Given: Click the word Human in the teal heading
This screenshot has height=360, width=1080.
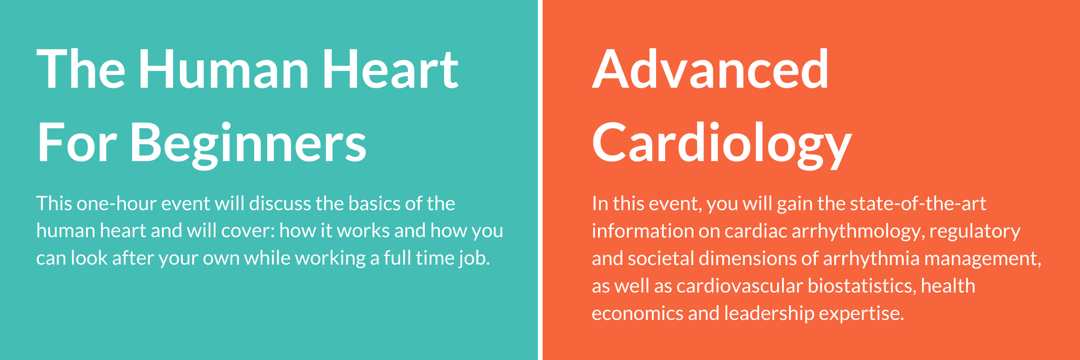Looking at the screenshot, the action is pyautogui.click(x=224, y=69).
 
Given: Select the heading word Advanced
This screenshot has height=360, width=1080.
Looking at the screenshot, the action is pyautogui.click(x=710, y=69).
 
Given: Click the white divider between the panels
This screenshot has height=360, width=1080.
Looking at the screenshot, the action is pyautogui.click(x=540, y=180).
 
